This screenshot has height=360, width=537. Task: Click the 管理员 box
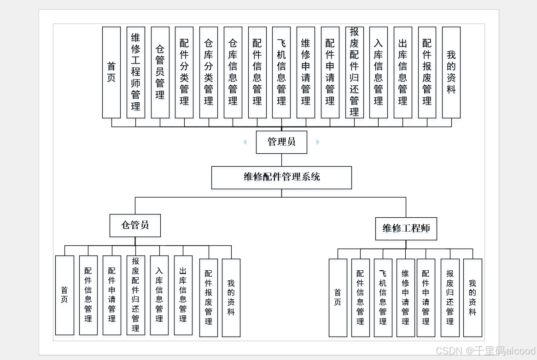[281, 142]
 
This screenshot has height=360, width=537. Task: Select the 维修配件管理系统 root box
[281, 177]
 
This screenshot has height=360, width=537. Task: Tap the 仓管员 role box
[135, 225]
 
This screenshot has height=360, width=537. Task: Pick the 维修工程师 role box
[406, 228]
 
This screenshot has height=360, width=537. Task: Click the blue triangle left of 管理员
[245, 142]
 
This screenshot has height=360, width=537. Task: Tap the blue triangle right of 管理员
[318, 142]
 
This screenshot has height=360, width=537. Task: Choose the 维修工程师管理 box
[135, 72]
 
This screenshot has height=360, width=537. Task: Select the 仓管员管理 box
[160, 72]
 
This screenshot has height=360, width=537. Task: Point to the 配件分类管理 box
[184, 72]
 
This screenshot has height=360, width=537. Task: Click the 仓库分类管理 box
[209, 72]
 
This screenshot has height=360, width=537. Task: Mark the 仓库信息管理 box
[233, 72]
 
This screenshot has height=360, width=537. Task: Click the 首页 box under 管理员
[111, 72]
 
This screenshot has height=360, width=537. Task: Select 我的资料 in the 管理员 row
[451, 72]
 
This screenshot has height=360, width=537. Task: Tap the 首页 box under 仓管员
[64, 295]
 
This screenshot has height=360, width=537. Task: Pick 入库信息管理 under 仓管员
[159, 295]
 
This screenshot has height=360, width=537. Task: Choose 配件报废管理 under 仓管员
[209, 297]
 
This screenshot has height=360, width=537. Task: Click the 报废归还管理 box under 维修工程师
[450, 297]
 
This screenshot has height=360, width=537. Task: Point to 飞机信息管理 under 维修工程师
[383, 297]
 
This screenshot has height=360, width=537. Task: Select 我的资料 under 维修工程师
[473, 297]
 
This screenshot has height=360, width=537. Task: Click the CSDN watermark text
[485, 351]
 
